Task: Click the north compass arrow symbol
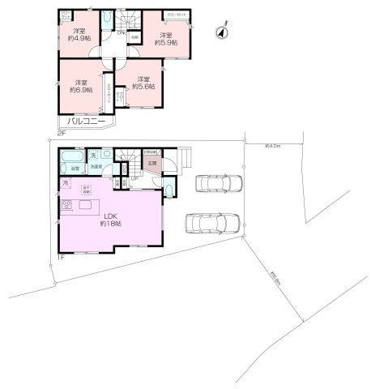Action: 222,32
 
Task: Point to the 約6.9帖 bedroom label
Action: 81,86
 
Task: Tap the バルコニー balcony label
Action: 83,122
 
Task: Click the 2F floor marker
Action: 60,132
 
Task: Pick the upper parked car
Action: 218,183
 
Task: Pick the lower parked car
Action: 213,222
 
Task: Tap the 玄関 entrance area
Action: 151,165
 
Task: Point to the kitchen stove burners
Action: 68,204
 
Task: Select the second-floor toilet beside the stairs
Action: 109,21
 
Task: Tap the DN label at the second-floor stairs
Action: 120,33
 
